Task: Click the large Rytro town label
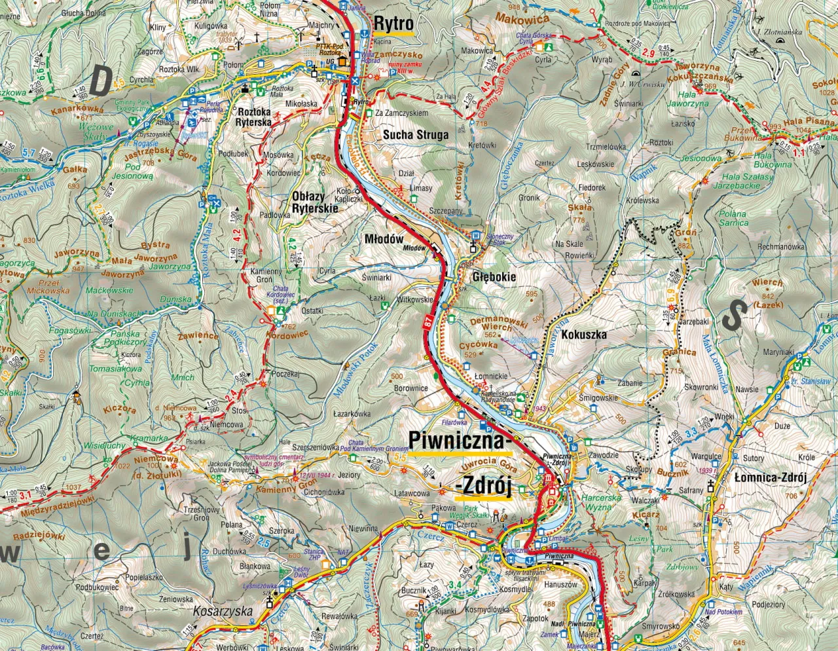click(x=393, y=23)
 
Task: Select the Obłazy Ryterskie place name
click(x=315, y=202)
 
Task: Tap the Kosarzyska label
click(x=223, y=610)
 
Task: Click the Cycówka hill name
click(x=478, y=345)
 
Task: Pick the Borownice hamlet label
click(x=411, y=388)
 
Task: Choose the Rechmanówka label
click(x=780, y=247)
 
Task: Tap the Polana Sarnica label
click(x=733, y=218)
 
